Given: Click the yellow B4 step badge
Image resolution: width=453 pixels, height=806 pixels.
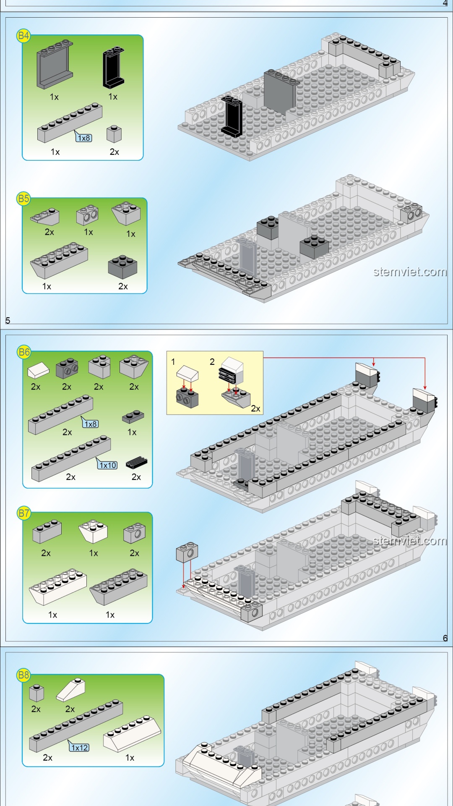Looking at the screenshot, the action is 23,36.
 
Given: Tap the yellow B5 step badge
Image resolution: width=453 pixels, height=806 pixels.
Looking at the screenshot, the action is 23,199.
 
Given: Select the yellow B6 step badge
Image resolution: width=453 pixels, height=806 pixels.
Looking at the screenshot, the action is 24,352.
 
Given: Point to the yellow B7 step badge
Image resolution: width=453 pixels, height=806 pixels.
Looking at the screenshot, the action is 24,513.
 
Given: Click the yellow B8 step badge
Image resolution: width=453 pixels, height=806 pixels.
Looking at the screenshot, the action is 23,675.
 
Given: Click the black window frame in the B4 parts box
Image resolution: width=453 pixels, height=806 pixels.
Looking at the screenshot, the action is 113,67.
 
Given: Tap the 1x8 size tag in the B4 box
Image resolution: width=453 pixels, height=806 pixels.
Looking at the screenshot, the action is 84,138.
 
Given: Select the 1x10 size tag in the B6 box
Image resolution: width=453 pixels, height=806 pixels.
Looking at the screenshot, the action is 108,465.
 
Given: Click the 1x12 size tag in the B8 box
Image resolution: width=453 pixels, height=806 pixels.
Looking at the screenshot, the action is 79,748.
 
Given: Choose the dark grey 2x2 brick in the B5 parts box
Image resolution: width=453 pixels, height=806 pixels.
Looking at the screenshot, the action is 122,267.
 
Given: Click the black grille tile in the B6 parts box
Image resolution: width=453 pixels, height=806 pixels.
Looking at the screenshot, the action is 137,462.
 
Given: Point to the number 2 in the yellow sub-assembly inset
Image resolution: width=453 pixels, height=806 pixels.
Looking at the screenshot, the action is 212,361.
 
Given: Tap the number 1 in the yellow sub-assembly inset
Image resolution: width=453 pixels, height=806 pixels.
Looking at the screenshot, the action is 173,361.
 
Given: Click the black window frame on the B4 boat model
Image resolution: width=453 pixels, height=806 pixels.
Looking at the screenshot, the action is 232,116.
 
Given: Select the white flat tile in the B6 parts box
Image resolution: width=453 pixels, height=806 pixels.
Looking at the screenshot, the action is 38,371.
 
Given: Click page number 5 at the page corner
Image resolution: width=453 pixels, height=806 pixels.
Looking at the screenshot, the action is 8,320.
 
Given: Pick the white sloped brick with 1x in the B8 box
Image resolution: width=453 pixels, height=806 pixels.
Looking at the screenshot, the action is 132,735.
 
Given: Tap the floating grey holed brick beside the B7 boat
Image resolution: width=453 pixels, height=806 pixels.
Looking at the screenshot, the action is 187,552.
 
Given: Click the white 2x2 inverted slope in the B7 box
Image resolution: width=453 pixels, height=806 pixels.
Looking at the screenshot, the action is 93,532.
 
